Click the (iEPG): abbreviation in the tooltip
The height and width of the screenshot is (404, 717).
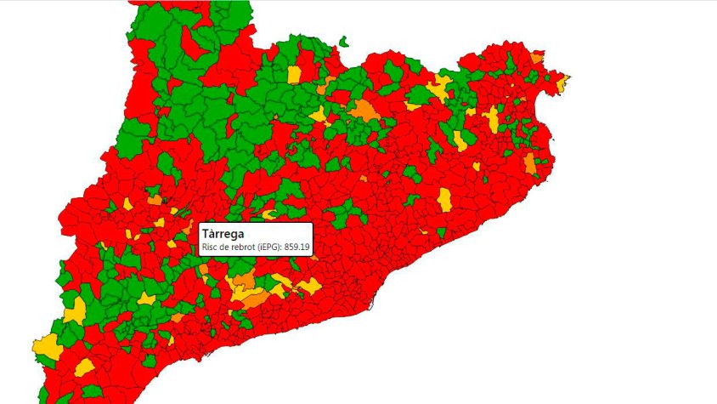(x=276, y=247)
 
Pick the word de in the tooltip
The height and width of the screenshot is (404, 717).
(x=226, y=247)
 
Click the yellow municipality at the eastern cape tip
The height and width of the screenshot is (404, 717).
(x=562, y=83)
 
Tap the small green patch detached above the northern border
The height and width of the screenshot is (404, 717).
(x=343, y=40)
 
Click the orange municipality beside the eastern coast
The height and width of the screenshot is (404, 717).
(x=531, y=163)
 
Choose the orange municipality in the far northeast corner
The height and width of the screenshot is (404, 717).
(x=537, y=57)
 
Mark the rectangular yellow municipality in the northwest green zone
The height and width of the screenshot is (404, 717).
(x=294, y=74)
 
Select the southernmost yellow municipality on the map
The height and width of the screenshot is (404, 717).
(x=84, y=367)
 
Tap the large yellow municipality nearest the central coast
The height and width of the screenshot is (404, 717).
(x=444, y=200)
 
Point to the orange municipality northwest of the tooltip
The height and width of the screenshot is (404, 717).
(x=155, y=200)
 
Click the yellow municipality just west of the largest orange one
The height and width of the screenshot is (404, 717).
(x=319, y=114)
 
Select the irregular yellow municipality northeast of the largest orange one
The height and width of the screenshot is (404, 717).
(x=439, y=85)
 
